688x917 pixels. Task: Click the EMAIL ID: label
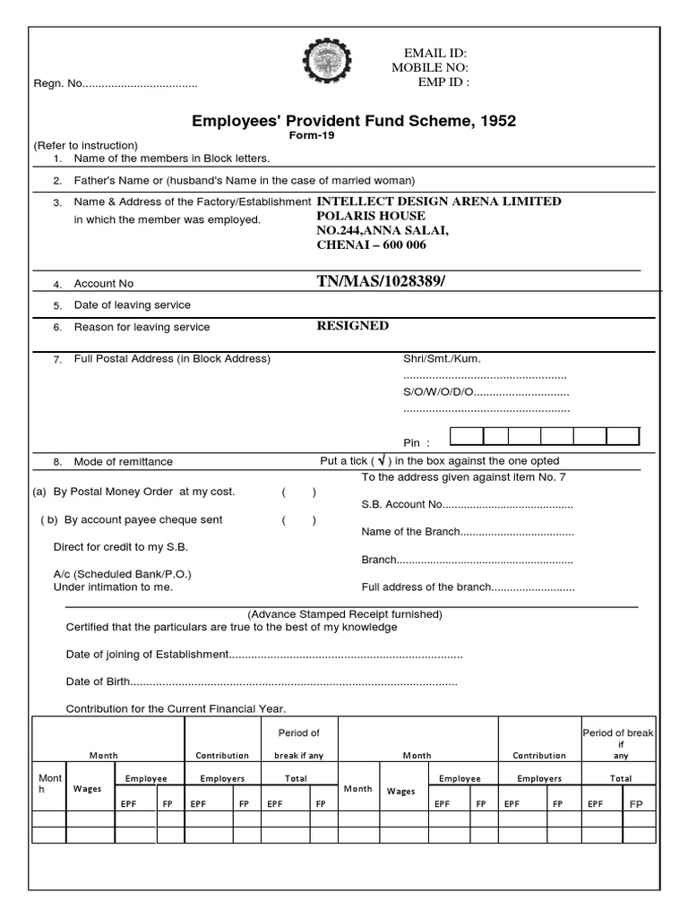pyautogui.click(x=437, y=54)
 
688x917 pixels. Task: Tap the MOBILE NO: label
pyautogui.click(x=430, y=68)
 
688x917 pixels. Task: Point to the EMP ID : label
pyautogui.click(x=443, y=82)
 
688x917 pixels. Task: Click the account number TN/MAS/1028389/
pyautogui.click(x=381, y=282)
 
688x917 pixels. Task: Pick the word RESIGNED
pyautogui.click(x=353, y=326)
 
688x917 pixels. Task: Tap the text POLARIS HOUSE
pyautogui.click(x=371, y=216)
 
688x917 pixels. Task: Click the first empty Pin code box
pyautogui.click(x=467, y=436)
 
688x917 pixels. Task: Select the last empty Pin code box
pyautogui.click(x=623, y=436)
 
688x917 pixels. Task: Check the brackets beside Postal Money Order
pyautogui.click(x=298, y=492)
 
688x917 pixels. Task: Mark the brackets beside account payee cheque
pyautogui.click(x=298, y=520)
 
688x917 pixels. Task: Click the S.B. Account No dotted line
pyautogui.click(x=508, y=505)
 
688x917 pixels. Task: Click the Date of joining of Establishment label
pyautogui.click(x=148, y=655)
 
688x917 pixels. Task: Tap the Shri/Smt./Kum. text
pyautogui.click(x=442, y=359)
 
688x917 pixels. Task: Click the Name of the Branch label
pyautogui.click(x=411, y=532)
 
